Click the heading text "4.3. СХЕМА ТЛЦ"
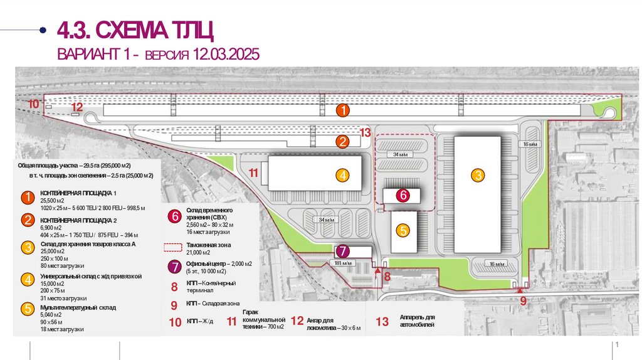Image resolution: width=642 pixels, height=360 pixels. click(136, 29)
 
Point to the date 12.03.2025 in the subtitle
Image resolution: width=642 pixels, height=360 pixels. click(225, 55)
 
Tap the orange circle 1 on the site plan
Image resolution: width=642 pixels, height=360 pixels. click(342, 110)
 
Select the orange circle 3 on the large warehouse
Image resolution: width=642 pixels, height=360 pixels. click(478, 176)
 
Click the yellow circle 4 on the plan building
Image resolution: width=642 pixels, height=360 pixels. click(342, 176)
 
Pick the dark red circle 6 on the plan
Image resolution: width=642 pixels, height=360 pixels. click(403, 195)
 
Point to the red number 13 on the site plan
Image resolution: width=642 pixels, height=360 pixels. click(366, 132)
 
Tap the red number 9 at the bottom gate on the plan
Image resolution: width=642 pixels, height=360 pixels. click(522, 300)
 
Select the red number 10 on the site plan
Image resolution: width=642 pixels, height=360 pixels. click(33, 103)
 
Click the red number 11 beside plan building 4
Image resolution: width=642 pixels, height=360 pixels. click(253, 172)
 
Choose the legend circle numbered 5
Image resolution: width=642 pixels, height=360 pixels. click(28, 309)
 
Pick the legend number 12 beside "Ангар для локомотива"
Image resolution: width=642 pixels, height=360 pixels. click(297, 322)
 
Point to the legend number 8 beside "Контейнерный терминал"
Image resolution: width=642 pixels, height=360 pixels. click(174, 287)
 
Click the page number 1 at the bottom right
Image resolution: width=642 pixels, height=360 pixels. click(617, 346)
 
